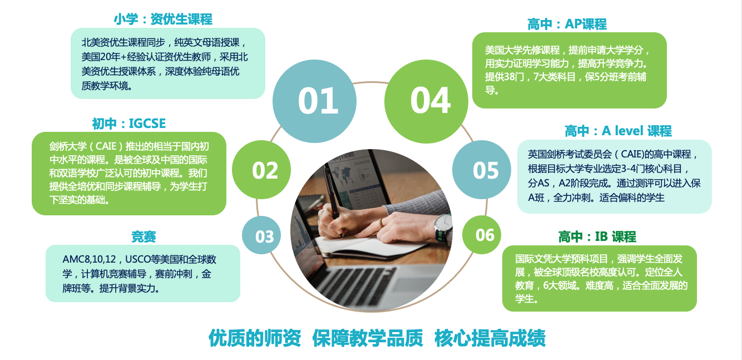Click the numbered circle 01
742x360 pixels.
click(314, 101)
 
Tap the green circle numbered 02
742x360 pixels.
click(261, 170)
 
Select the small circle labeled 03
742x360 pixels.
click(261, 235)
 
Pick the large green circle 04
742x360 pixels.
click(426, 101)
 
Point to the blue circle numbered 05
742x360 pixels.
click(482, 170)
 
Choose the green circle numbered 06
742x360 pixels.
click(482, 235)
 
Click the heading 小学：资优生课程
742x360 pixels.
click(163, 19)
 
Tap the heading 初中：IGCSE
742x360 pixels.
click(129, 124)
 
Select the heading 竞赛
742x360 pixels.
click(144, 236)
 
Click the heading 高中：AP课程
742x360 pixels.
click(567, 24)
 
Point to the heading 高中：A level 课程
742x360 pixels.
click(618, 131)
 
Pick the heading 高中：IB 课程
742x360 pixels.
click(597, 236)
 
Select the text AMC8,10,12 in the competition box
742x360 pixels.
click(89, 259)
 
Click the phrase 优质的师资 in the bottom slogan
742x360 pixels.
click(255, 338)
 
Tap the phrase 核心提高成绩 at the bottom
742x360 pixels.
click(490, 338)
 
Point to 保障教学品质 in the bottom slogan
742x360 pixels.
click(368, 338)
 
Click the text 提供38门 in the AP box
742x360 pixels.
click(505, 77)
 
